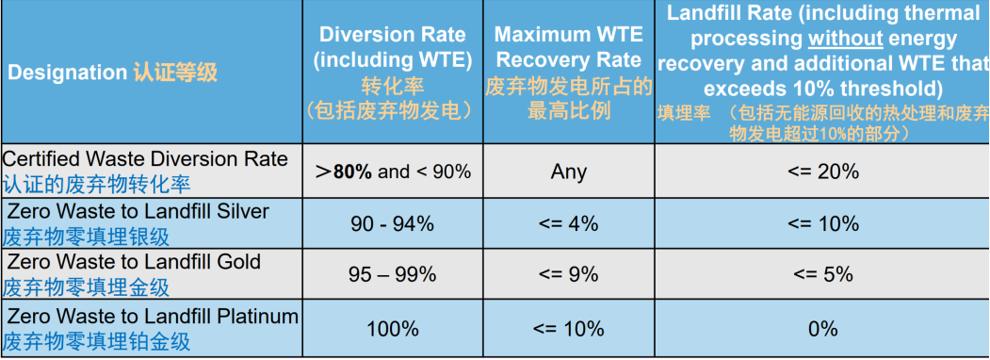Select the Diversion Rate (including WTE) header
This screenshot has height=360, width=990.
coord(392,47)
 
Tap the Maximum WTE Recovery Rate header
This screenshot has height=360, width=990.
coord(568,47)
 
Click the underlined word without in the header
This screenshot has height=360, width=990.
coord(846,39)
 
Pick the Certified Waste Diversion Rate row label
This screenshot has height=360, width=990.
coord(145,158)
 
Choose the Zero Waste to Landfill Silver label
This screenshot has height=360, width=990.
coord(138,210)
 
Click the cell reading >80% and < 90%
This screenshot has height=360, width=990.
coord(392,172)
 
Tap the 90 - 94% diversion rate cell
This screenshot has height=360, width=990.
coord(392,223)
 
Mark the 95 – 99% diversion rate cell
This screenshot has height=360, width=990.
coord(392,274)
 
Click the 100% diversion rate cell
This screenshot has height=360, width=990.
coord(392,328)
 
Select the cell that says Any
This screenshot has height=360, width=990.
coord(568,172)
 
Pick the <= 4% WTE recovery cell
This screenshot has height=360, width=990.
coord(568,223)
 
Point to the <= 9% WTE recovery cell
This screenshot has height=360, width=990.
coord(568,274)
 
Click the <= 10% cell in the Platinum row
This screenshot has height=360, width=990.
coord(568,328)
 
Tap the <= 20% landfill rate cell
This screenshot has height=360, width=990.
coord(822,172)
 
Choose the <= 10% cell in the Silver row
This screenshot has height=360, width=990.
coord(822,223)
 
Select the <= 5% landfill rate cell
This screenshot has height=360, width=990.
coord(822,274)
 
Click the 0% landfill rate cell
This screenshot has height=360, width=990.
coord(822,328)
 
